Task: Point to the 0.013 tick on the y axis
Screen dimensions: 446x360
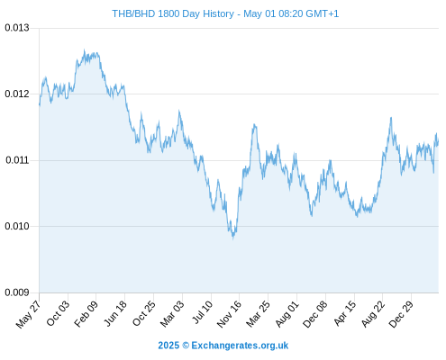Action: click(x=17, y=28)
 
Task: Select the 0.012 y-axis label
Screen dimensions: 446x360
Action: click(x=17, y=94)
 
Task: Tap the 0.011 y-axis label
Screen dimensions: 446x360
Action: click(x=17, y=160)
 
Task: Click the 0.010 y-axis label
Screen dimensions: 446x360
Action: click(x=17, y=226)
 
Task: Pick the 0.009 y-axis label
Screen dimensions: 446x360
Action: click(x=17, y=292)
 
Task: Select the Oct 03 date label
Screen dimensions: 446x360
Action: click(x=58, y=313)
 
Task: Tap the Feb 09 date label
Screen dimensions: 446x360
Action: click(x=86, y=313)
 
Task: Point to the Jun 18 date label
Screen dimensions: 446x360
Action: click(x=114, y=313)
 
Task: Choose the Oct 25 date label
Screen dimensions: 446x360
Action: click(x=143, y=313)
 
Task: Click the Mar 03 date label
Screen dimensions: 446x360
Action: click(x=172, y=313)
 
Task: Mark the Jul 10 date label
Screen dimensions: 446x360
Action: click(x=202, y=312)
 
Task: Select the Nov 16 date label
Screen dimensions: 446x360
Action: click(x=229, y=314)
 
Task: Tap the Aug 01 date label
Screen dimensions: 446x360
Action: click(x=287, y=313)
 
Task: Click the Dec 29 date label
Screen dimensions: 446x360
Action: click(x=401, y=314)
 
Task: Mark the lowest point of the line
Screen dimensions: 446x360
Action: click(x=233, y=238)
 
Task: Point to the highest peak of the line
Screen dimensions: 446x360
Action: click(x=84, y=50)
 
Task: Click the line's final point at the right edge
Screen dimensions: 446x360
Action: click(x=438, y=140)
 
